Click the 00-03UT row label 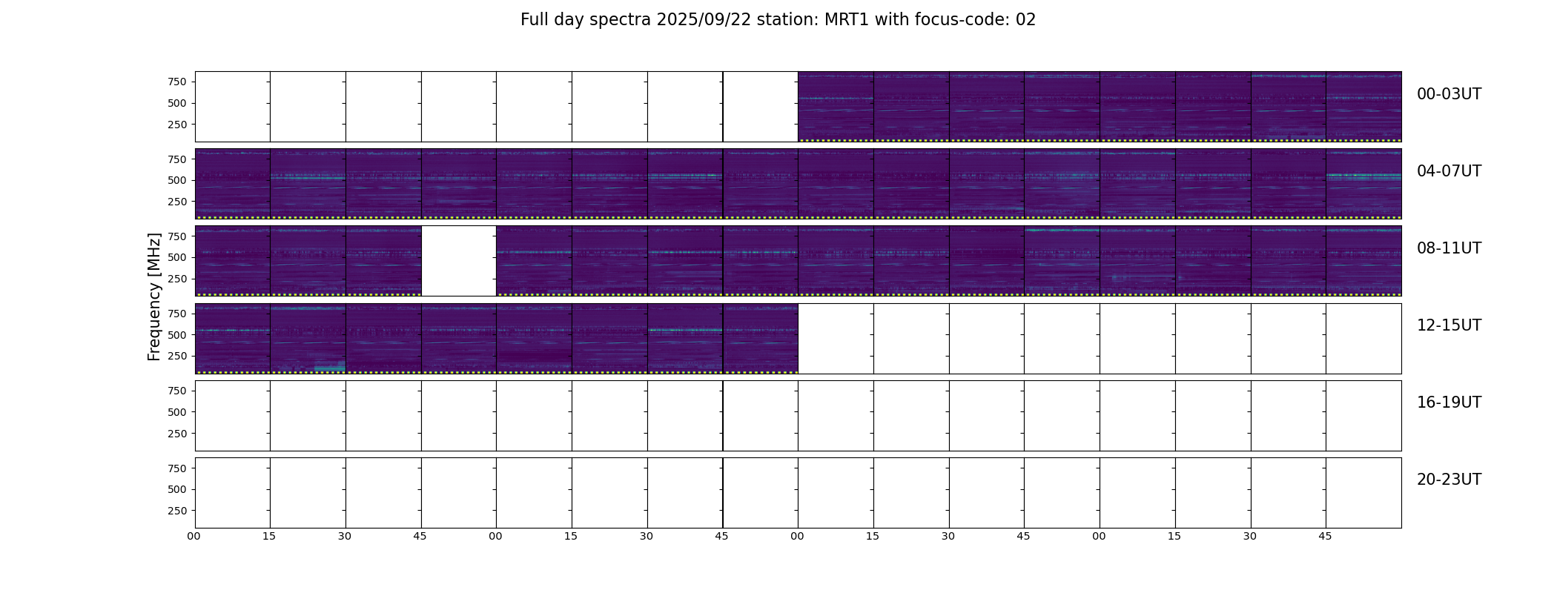point(1449,94)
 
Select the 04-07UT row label point(1449,171)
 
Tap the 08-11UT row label point(1449,248)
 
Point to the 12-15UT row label point(1449,325)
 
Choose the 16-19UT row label point(1449,402)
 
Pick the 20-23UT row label point(1449,480)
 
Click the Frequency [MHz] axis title point(154,296)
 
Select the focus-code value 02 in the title point(1025,20)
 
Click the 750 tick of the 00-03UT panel point(177,82)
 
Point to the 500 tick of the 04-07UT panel point(177,180)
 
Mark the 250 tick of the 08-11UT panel point(177,279)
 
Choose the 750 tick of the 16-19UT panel point(177,391)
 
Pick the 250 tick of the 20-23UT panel point(177,511)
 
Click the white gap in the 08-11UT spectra point(459,261)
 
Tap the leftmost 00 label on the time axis point(194,536)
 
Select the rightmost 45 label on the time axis point(1325,536)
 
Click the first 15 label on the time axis point(269,536)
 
